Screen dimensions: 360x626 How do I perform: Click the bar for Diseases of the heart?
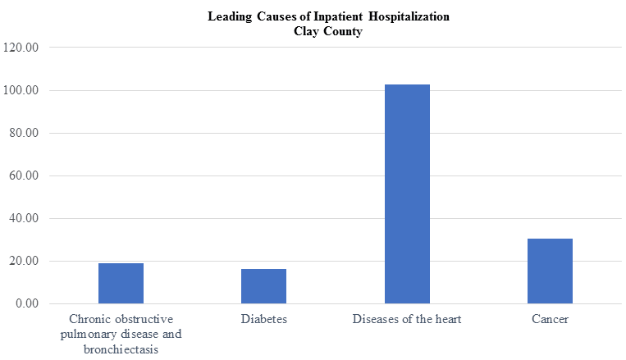[407, 194]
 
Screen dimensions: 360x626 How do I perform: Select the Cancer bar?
[550, 271]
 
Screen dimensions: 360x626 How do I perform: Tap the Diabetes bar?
[263, 286]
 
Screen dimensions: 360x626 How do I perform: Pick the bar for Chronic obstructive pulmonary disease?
[121, 284]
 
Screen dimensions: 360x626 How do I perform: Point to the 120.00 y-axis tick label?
[21, 48]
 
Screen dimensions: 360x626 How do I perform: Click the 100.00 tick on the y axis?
[21, 90]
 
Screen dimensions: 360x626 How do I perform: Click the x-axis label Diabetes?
[263, 319]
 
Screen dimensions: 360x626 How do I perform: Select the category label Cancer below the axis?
[550, 319]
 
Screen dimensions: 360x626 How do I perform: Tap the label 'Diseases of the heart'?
[407, 319]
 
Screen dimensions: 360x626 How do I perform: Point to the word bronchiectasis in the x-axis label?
[121, 349]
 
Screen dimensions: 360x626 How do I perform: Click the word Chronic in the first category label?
[89, 319]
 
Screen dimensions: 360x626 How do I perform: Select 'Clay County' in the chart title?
[328, 31]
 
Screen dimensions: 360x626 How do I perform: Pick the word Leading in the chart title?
[230, 16]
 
